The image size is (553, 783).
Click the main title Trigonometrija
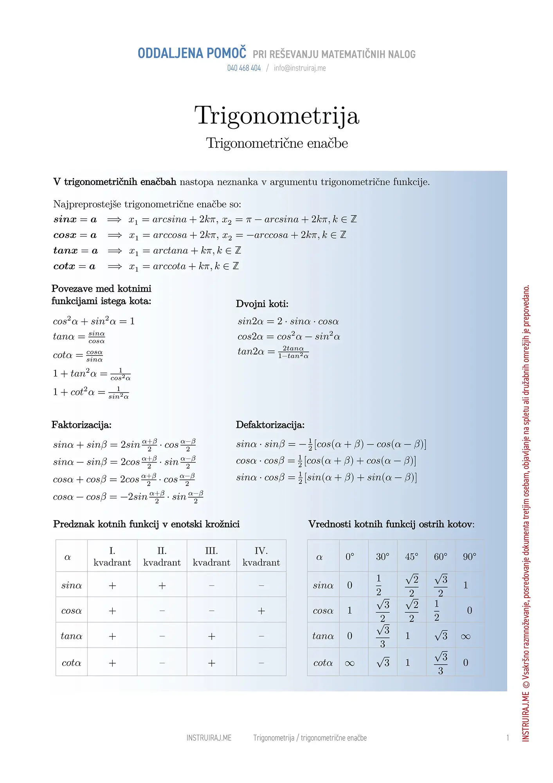[277, 116]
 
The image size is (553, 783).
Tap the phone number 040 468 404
[244, 68]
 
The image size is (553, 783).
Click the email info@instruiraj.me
[300, 68]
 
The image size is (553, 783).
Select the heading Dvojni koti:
[262, 304]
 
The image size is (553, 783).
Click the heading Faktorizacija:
[81, 425]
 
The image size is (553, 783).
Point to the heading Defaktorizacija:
[270, 425]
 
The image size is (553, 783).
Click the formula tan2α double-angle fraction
[273, 352]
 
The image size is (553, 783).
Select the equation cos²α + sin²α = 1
[94, 321]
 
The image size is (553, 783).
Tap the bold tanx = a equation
[76, 251]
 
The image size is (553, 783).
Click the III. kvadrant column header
[211, 556]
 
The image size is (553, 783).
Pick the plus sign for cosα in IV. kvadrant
[261, 611]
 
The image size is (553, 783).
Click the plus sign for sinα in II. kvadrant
[162, 586]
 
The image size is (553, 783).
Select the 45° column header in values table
[411, 557]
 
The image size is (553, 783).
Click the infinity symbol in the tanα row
[465, 637]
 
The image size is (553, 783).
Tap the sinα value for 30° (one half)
[378, 585]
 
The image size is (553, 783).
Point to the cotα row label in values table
[323, 663]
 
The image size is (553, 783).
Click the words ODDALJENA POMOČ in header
[192, 53]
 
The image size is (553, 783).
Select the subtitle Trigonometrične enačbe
[277, 143]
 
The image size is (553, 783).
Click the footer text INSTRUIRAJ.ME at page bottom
[209, 738]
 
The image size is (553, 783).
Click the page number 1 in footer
[508, 738]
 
